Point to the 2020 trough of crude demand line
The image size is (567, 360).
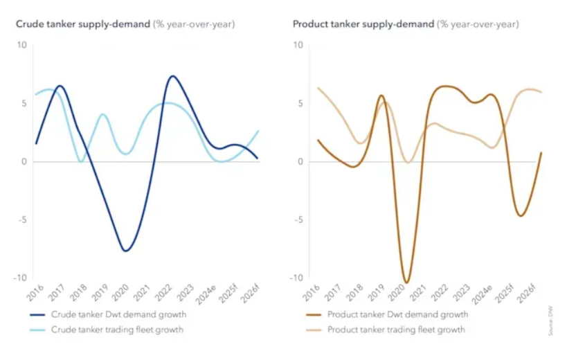tap(125, 251)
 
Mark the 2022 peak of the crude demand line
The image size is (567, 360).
tap(172, 76)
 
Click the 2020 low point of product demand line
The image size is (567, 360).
tap(406, 282)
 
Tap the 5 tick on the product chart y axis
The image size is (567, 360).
tap(300, 104)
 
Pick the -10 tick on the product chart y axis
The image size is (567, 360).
tap(298, 278)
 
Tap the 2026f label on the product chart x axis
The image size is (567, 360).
tap(529, 293)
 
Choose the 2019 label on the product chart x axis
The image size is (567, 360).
tap(377, 291)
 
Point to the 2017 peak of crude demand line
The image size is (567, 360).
tap(60, 86)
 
